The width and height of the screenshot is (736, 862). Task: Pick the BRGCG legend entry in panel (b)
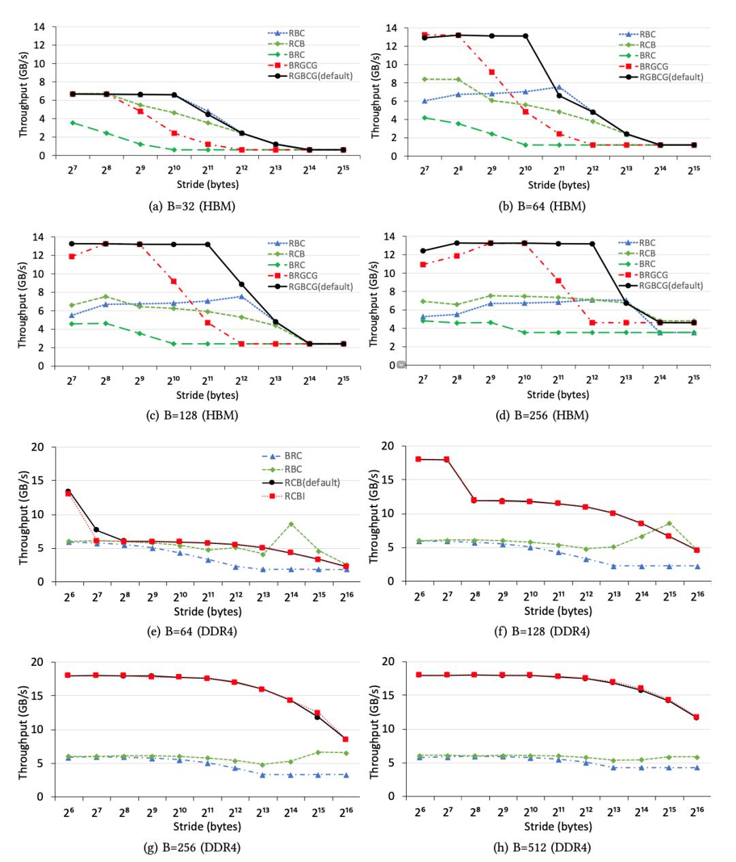click(x=651, y=66)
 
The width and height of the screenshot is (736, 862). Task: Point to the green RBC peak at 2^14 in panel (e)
click(x=290, y=524)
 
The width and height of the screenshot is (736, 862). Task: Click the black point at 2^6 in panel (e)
click(x=67, y=492)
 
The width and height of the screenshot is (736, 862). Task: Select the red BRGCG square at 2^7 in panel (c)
click(x=71, y=256)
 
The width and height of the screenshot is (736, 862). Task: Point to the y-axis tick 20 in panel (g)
click(x=38, y=662)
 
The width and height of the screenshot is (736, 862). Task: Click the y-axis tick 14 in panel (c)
click(x=41, y=237)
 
